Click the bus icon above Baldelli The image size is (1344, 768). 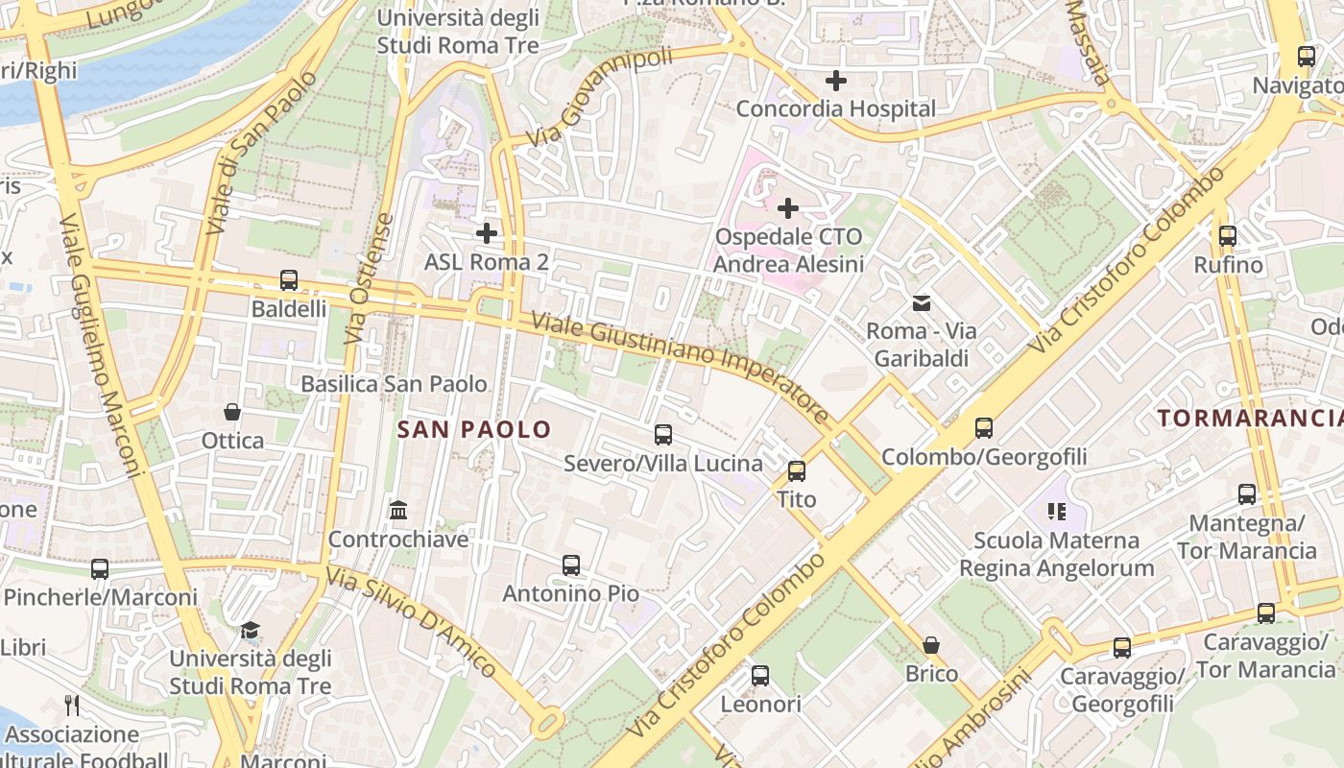click(289, 280)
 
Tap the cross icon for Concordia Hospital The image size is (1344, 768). click(836, 81)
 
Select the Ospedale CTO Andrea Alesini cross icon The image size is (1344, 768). click(788, 207)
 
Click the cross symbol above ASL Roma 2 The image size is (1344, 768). click(487, 232)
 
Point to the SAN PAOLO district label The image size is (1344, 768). click(474, 429)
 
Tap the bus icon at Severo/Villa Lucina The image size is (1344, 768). click(663, 434)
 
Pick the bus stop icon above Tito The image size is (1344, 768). click(797, 470)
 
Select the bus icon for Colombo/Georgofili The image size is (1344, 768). click(984, 428)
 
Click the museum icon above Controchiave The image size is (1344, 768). click(398, 510)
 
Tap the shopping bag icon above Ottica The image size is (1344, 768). click(232, 412)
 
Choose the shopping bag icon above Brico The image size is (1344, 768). click(931, 645)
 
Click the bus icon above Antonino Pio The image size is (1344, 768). click(571, 564)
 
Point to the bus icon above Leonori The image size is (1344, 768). click(760, 676)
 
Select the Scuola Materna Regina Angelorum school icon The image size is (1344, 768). click(1057, 512)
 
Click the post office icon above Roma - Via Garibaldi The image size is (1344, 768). click(922, 303)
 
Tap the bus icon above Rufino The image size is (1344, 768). click(1227, 235)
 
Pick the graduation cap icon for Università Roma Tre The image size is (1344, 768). click(251, 630)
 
